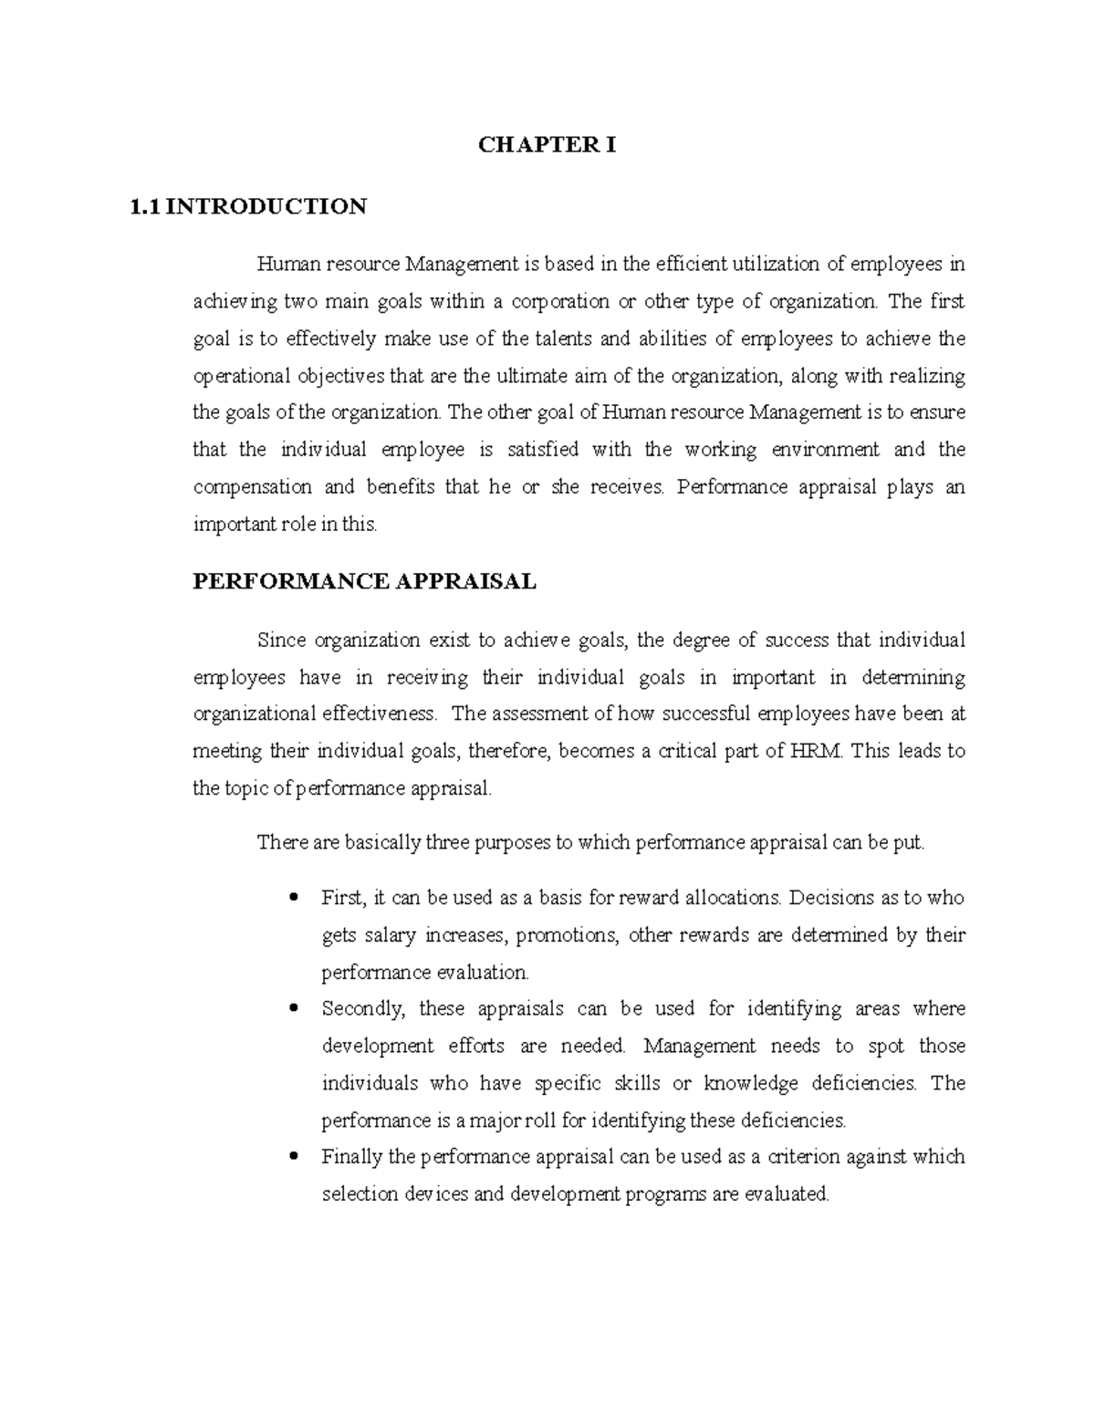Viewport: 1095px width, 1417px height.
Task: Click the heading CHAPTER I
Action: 547,144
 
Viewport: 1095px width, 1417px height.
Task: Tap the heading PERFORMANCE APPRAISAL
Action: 364,581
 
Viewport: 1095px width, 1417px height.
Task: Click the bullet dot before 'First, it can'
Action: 293,898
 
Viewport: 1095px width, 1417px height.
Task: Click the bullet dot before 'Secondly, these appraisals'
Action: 293,1009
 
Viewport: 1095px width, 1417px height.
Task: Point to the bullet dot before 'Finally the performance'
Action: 293,1157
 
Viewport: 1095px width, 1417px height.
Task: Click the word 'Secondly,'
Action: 361,1009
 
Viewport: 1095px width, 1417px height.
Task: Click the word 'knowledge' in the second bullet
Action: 750,1083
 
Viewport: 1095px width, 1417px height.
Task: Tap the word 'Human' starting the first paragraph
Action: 282,265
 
